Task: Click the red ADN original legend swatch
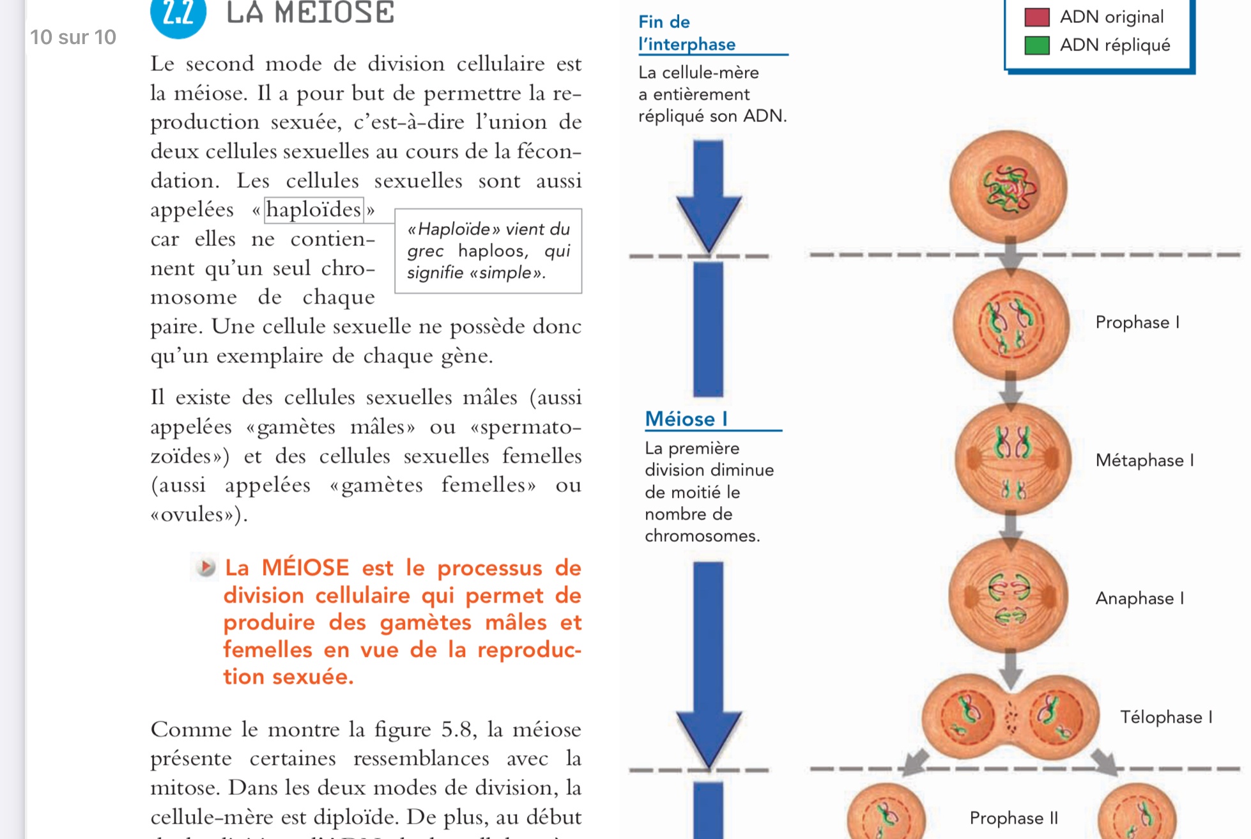1036,17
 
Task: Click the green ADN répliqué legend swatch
1036,45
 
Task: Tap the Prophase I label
1137,323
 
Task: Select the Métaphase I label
1144,461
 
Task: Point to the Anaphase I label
1140,599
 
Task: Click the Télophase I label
1166,718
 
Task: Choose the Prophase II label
1013,819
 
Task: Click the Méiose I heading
686,419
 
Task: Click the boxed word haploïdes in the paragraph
314,210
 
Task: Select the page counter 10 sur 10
73,38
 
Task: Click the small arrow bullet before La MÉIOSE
206,567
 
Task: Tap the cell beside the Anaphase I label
1008,596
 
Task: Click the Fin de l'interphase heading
686,33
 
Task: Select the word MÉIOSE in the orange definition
305,568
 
